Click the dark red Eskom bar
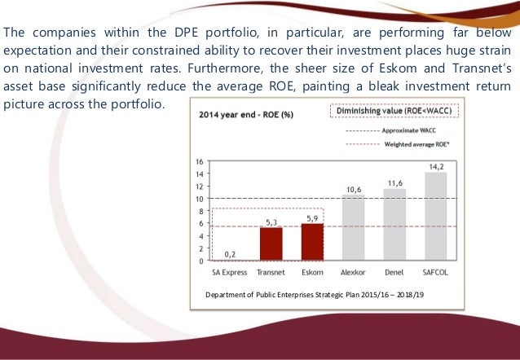[313, 242]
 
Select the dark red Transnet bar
[271, 244]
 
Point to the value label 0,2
[230, 254]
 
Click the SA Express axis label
[230, 270]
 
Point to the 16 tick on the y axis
[200, 160]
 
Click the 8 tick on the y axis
[201, 211]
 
